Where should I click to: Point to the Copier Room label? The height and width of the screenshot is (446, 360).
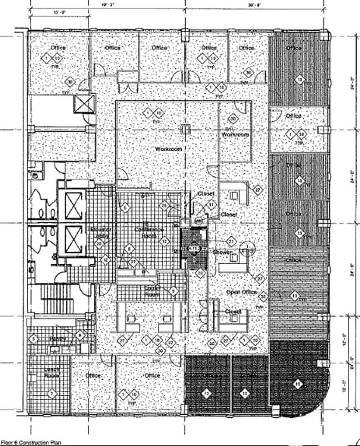pyautogui.click(x=152, y=291)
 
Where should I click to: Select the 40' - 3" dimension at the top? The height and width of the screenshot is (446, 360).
pyautogui.click(x=105, y=5)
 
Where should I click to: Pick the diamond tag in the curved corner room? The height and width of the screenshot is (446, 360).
pyautogui.click(x=298, y=384)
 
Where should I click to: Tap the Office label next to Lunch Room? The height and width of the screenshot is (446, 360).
pyautogui.click(x=93, y=375)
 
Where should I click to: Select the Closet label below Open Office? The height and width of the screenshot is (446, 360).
pyautogui.click(x=233, y=312)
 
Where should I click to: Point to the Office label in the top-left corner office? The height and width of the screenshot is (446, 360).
pyautogui.click(x=58, y=48)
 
